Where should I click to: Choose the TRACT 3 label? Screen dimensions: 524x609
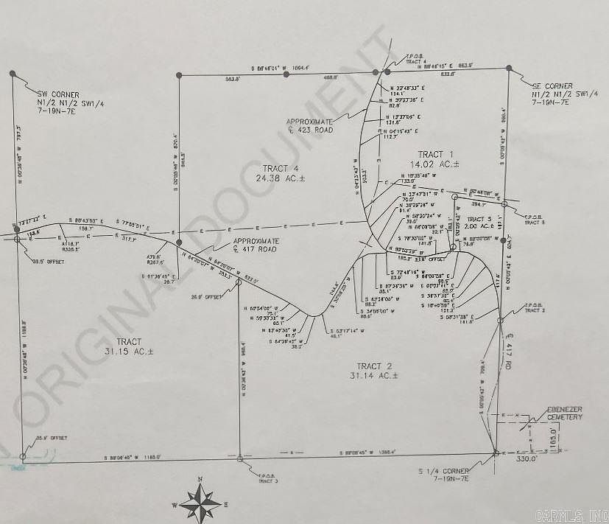click(479, 219)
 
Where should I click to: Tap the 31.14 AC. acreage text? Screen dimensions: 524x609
click(373, 377)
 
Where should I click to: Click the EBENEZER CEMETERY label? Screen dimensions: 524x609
click(565, 413)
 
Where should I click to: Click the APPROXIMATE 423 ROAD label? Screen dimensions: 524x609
click(311, 125)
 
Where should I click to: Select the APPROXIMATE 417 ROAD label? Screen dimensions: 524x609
click(256, 245)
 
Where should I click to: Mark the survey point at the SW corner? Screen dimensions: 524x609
click(13, 74)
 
